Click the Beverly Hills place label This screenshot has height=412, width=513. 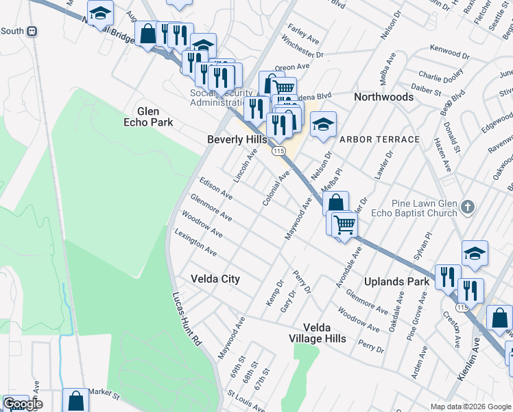pos(237,139)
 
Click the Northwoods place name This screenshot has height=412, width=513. pos(383,97)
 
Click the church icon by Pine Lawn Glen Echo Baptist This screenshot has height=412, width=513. pos(467,206)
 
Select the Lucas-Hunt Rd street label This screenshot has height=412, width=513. pos(186,320)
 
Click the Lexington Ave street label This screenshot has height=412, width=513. pos(195,243)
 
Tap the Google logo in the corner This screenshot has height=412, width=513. pos(22,404)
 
